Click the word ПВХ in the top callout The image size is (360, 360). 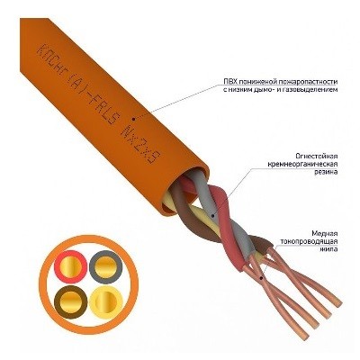click(x=229, y=82)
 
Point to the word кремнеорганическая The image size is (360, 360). click(x=303, y=165)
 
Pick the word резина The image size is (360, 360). click(x=328, y=172)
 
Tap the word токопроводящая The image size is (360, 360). click(x=310, y=241)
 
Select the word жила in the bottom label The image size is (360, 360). click(x=330, y=249)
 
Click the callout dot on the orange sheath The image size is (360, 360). click(x=134, y=118)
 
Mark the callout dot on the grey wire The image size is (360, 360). click(x=212, y=215)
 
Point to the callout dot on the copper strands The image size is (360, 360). click(x=261, y=278)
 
